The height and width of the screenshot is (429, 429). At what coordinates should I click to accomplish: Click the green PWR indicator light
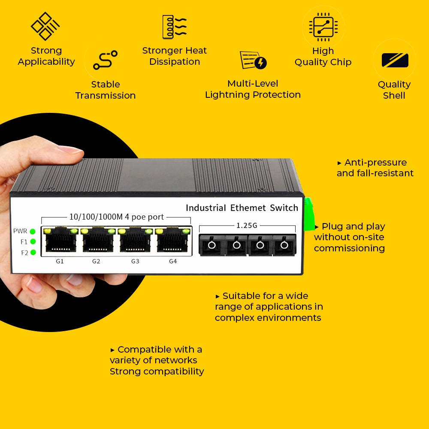coord(33,232)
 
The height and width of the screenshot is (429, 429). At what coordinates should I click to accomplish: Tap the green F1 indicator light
coord(33,242)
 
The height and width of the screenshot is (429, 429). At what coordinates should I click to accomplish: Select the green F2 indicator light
coord(33,253)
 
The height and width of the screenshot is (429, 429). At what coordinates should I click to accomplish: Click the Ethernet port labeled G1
coord(60,240)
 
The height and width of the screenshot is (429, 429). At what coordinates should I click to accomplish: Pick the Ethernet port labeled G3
coord(135,240)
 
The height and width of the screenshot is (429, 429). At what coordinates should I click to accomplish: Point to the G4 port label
coord(173,261)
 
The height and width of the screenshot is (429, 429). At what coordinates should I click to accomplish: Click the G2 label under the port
coord(96,261)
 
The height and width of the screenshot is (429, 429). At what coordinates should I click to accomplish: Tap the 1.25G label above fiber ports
coord(247,225)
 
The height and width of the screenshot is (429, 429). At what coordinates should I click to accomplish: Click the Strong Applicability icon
coord(45,26)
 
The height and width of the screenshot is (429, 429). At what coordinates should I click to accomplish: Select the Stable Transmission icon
coord(106,60)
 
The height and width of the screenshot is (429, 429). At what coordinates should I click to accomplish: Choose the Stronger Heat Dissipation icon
coord(174,27)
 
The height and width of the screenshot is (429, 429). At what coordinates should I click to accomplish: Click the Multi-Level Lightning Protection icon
coord(253,60)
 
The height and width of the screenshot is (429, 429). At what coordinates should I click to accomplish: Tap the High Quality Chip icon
coord(323,27)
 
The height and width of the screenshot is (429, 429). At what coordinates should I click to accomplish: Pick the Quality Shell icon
coord(395,60)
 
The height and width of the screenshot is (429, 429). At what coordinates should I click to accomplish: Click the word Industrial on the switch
coord(205,208)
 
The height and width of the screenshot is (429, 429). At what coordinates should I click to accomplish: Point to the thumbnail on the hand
coord(69,150)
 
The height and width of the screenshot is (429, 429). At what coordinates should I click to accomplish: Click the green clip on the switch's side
coord(308,214)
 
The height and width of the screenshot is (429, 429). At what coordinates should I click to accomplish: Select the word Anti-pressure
coord(375,163)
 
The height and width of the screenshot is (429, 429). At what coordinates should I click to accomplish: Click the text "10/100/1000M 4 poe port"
coord(117,217)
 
